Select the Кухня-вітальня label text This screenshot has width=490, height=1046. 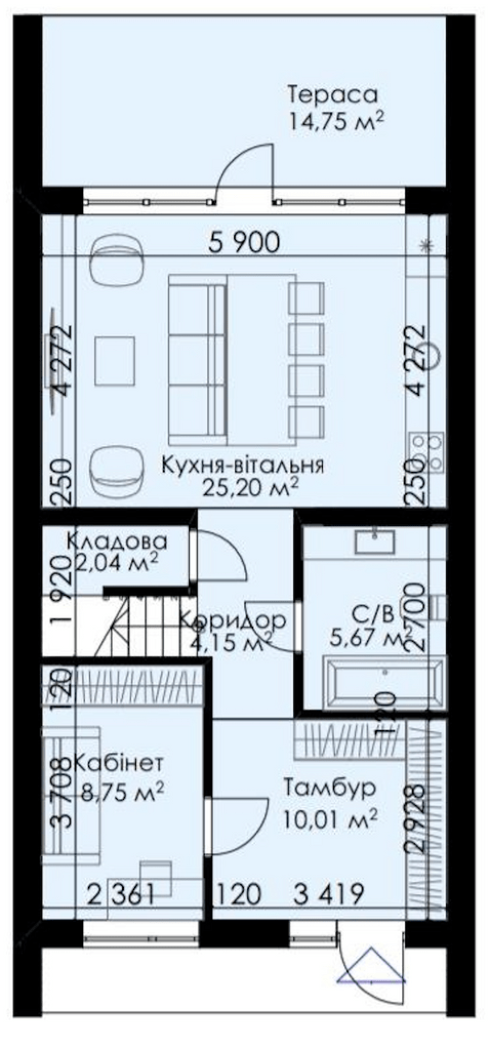(243, 464)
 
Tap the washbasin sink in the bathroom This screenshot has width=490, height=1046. (375, 542)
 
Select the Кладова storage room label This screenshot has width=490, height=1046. (117, 542)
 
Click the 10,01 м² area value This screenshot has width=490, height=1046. (330, 818)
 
